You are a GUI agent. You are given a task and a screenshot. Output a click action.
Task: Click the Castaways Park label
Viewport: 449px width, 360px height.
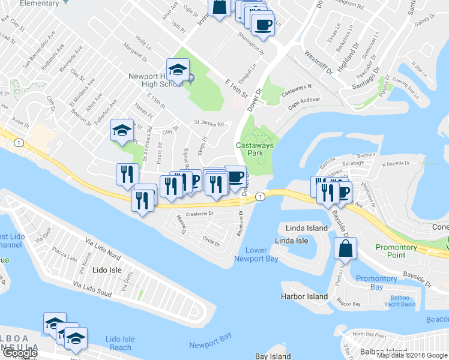255,149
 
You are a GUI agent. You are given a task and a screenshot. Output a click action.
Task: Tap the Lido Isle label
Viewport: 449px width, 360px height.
107,270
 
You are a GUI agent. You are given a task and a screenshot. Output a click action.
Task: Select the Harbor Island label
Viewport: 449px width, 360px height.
304,296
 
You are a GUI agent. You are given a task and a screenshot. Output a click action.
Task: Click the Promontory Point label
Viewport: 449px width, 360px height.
396,251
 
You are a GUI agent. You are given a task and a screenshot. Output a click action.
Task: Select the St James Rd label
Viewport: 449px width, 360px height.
208,124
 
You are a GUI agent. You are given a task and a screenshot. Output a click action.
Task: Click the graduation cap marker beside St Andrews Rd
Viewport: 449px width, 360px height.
122,130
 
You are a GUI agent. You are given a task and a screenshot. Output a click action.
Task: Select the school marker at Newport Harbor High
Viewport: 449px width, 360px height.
178,71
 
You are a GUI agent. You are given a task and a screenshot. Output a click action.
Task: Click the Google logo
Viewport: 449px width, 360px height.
20,353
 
